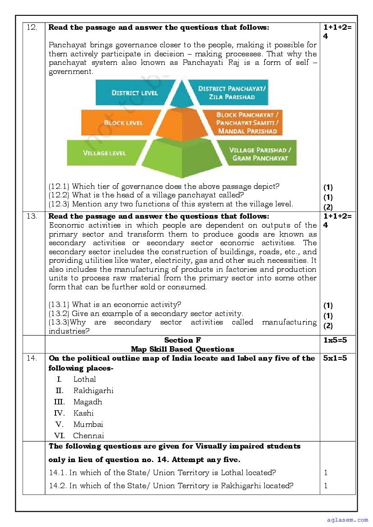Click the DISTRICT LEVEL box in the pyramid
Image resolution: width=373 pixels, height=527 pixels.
coord(134,92)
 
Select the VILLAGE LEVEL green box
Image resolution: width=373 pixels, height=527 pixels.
coord(104,153)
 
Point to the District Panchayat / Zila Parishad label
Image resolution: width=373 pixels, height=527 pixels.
coord(232,92)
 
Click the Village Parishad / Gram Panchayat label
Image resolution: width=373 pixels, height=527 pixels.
coord(260,154)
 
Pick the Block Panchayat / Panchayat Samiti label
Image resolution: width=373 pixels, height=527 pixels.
coord(247,123)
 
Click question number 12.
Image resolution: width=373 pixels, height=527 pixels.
coord(32,27)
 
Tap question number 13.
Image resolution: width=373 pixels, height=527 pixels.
coord(32,216)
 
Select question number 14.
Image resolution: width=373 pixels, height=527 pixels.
coord(32,358)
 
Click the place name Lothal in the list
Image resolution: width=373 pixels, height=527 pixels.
coord(85,380)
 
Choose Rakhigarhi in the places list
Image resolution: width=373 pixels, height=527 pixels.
coord(93,391)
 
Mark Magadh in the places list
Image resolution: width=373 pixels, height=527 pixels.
coord(88,402)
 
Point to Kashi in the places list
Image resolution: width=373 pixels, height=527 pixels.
coord(83,413)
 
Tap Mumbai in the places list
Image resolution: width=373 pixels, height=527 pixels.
coord(88,425)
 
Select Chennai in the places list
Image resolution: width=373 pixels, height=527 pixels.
coord(88,436)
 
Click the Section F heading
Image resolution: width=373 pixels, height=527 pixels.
coord(182,340)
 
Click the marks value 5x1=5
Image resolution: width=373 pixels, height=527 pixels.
coord(335,358)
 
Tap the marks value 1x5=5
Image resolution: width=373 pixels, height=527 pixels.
coord(335,340)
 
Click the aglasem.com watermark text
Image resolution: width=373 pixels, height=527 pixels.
coord(347,520)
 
